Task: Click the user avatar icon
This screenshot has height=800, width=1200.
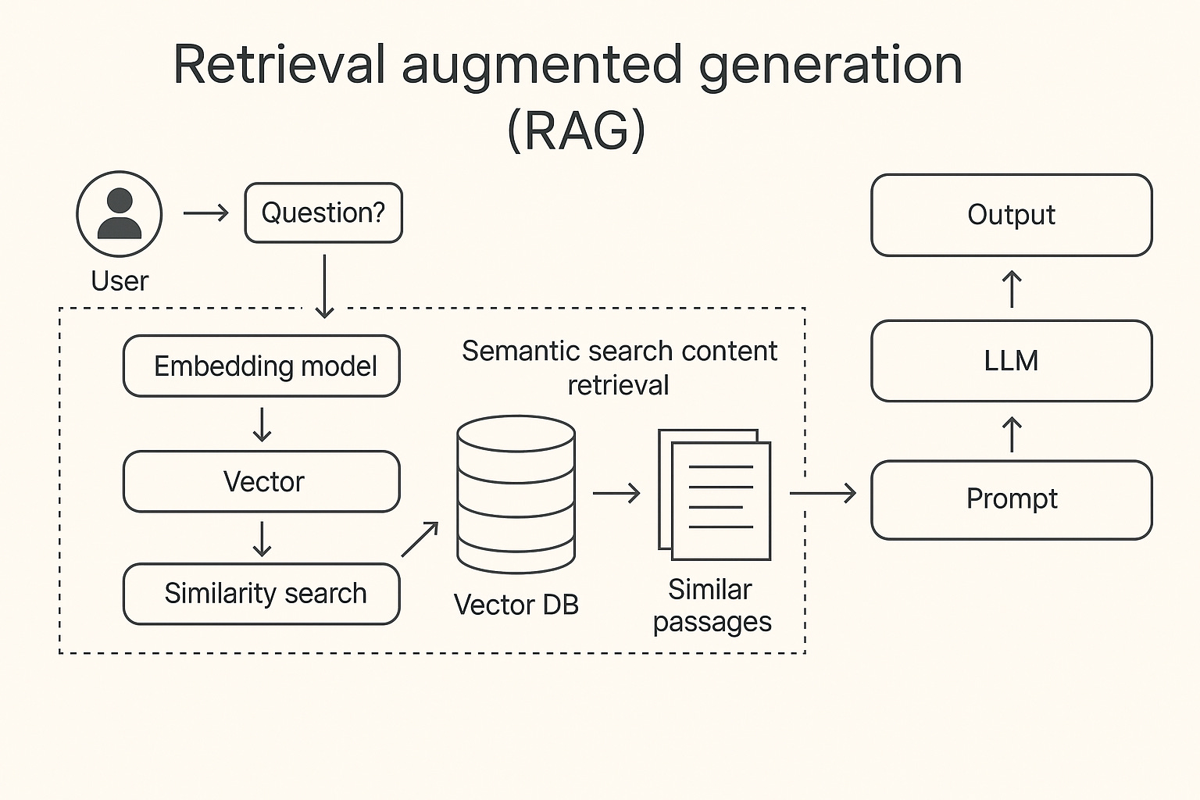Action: [x=120, y=213]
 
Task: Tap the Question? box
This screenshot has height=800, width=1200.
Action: [x=323, y=212]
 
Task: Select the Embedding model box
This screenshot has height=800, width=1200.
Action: [x=262, y=366]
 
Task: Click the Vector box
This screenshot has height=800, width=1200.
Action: [x=262, y=481]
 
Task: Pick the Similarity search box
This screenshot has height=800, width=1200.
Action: [x=262, y=594]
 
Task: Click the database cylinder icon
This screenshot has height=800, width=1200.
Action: [x=516, y=495]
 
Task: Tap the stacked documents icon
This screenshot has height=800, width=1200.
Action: [x=714, y=494]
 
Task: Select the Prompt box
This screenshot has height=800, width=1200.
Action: [x=1011, y=499]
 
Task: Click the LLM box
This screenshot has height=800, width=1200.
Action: [x=1011, y=360]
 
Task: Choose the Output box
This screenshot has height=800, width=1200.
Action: [x=1011, y=215]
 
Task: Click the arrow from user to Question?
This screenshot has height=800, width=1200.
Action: [x=205, y=212]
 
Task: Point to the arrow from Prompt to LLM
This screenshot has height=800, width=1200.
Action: [x=1012, y=434]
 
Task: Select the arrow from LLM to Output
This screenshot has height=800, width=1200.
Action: [x=1012, y=288]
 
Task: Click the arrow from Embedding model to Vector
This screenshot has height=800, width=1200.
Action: [x=262, y=424]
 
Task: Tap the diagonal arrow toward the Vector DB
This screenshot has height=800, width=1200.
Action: [x=420, y=539]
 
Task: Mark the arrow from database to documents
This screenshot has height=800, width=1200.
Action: [x=616, y=493]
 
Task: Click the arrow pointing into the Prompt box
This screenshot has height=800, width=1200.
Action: [x=823, y=493]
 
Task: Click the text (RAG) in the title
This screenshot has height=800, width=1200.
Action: [x=577, y=130]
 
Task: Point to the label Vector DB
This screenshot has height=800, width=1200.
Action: [x=516, y=605]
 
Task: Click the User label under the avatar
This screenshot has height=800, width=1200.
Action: [x=120, y=280]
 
